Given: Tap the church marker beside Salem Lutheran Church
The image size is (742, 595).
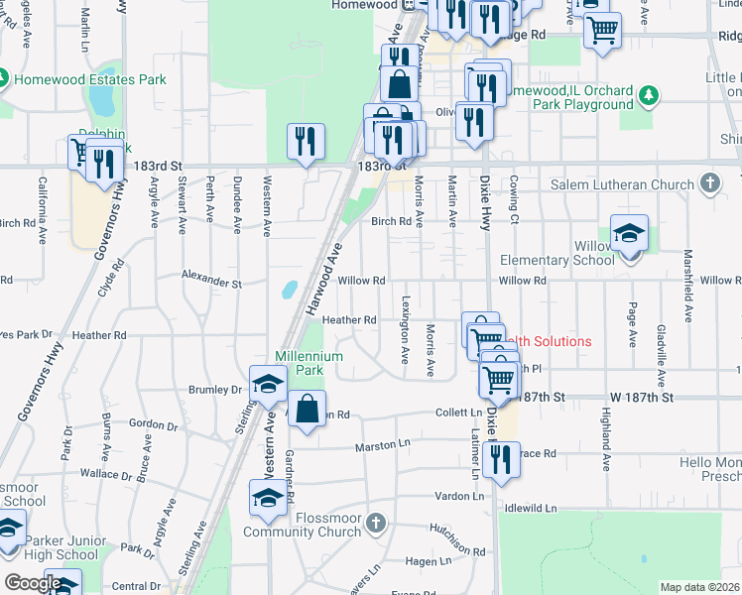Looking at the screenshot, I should [709, 183].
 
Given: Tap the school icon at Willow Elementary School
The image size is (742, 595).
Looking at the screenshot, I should [629, 233].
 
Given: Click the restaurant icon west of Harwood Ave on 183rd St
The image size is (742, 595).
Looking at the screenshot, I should [306, 141].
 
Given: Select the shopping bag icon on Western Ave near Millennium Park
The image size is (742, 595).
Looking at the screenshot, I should [308, 409].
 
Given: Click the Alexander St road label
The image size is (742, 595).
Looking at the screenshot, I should [211, 282].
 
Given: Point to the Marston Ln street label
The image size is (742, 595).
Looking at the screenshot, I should [383, 446].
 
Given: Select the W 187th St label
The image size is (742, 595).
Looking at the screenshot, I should [641, 397].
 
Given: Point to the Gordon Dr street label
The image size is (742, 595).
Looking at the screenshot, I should [152, 424].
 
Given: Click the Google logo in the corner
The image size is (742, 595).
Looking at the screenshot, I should [33, 583].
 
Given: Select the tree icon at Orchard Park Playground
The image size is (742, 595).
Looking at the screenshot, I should [649, 95].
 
